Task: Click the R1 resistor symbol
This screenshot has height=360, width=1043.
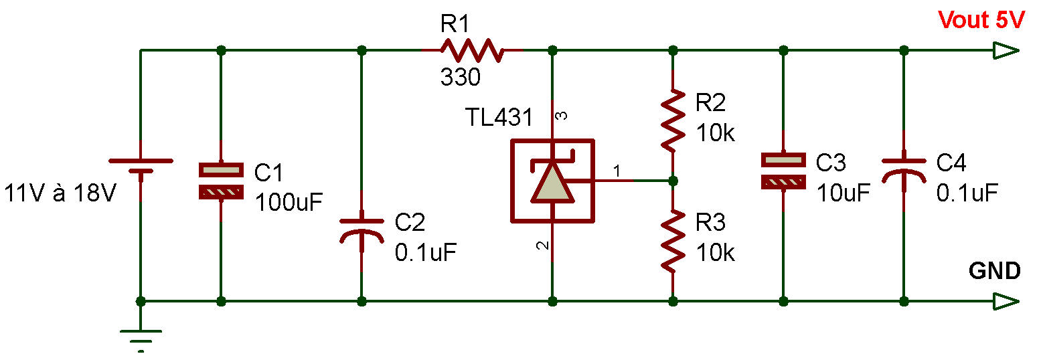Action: pyautogui.click(x=471, y=50)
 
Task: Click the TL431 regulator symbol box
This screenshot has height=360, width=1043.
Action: pyautogui.click(x=552, y=181)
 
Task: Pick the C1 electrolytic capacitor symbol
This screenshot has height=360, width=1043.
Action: pyautogui.click(x=221, y=181)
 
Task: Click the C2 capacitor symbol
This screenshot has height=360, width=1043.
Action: pyautogui.click(x=362, y=228)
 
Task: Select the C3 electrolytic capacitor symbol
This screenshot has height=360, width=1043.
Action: pyautogui.click(x=783, y=170)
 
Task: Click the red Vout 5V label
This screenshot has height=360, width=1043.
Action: pyautogui.click(x=981, y=21)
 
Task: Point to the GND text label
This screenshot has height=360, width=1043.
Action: pyautogui.click(x=994, y=271)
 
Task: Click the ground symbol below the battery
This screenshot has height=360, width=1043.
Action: pyautogui.click(x=141, y=338)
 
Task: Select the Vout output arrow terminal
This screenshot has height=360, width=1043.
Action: pyautogui.click(x=1006, y=50)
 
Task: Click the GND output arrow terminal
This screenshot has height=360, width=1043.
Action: pyautogui.click(x=1006, y=302)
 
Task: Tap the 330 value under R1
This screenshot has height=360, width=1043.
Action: pyautogui.click(x=460, y=78)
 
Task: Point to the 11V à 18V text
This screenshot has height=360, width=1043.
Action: pyautogui.click(x=61, y=193)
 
